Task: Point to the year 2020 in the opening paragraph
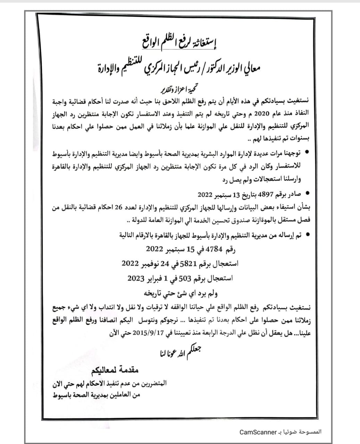[263, 113]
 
